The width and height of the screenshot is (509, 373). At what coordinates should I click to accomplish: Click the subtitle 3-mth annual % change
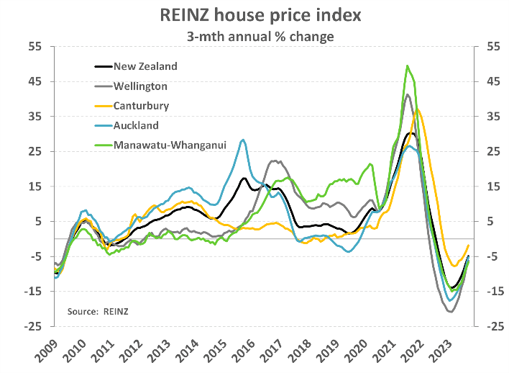pos(254,35)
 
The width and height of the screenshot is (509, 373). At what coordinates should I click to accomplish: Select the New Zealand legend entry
pos(145,66)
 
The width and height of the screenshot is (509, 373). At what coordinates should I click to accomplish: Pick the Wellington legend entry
pos(140,86)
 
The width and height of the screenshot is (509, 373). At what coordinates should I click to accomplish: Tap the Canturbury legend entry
pos(141,105)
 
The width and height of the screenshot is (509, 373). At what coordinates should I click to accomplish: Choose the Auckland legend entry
pos(136,125)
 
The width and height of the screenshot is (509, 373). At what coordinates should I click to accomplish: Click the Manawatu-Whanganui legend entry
pos(170,145)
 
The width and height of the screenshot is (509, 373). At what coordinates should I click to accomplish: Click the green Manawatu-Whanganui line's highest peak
pos(408,66)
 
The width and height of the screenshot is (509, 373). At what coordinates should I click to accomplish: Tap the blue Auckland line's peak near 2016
pos(243,140)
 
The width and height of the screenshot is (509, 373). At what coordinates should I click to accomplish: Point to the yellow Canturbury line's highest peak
pos(418,109)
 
